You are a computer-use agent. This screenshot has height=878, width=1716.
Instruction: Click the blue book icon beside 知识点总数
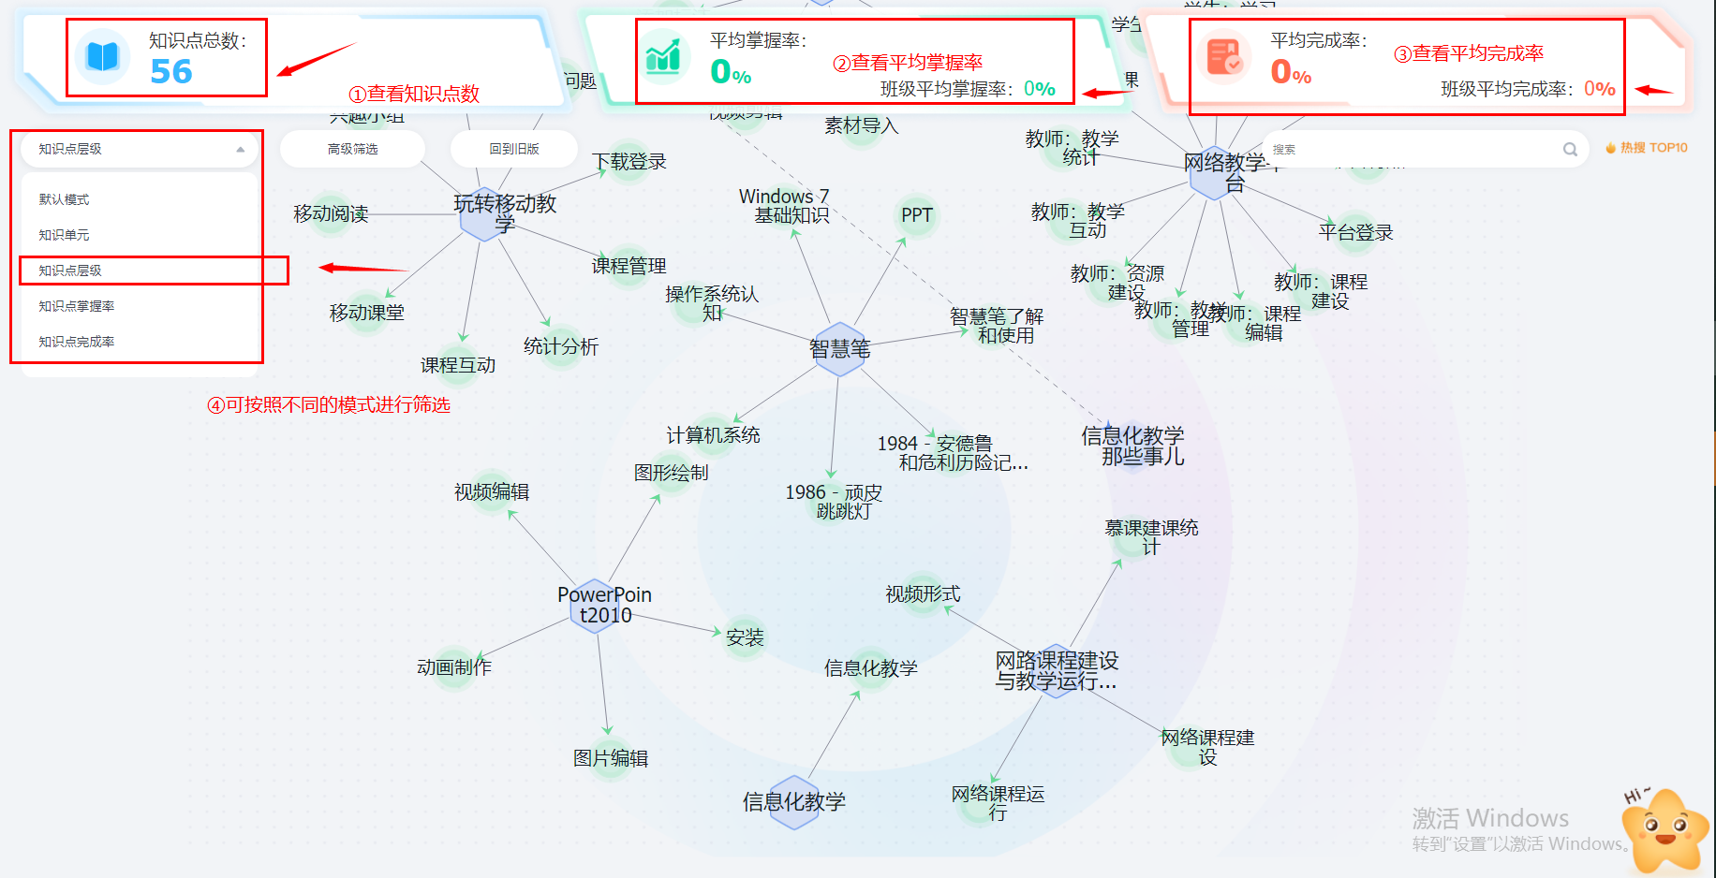pyautogui.click(x=102, y=57)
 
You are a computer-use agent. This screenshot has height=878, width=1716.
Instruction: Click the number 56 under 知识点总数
pyautogui.click(x=171, y=72)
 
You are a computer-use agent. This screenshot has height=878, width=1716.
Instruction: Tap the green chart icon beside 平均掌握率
pyautogui.click(x=663, y=57)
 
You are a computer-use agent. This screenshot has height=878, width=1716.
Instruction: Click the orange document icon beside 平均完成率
pyautogui.click(x=1223, y=57)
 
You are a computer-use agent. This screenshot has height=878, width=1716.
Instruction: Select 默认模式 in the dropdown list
pyautogui.click(x=64, y=199)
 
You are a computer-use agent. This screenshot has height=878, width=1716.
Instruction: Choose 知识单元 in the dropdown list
pyautogui.click(x=64, y=235)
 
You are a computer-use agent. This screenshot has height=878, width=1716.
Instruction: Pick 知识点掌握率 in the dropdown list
pyautogui.click(x=76, y=306)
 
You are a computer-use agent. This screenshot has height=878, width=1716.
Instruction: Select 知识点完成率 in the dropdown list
pyautogui.click(x=76, y=342)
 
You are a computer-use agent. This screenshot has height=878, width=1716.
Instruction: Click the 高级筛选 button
pyautogui.click(x=352, y=149)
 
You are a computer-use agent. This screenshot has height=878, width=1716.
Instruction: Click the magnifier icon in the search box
pyautogui.click(x=1570, y=150)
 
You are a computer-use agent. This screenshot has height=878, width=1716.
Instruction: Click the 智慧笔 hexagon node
pyautogui.click(x=839, y=349)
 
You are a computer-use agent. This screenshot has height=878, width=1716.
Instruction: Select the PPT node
pyautogui.click(x=916, y=215)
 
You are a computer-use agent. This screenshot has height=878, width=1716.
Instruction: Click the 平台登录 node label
pyautogui.click(x=1355, y=232)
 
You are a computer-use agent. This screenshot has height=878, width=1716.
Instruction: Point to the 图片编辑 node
pyautogui.click(x=611, y=758)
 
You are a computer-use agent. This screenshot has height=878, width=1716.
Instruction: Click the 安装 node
pyautogui.click(x=745, y=637)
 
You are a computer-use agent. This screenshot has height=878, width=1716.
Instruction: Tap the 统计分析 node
pyautogui.click(x=560, y=346)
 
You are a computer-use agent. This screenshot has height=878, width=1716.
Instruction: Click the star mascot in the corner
pyautogui.click(x=1664, y=829)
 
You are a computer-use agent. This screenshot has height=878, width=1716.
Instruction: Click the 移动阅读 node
pyautogui.click(x=331, y=214)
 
